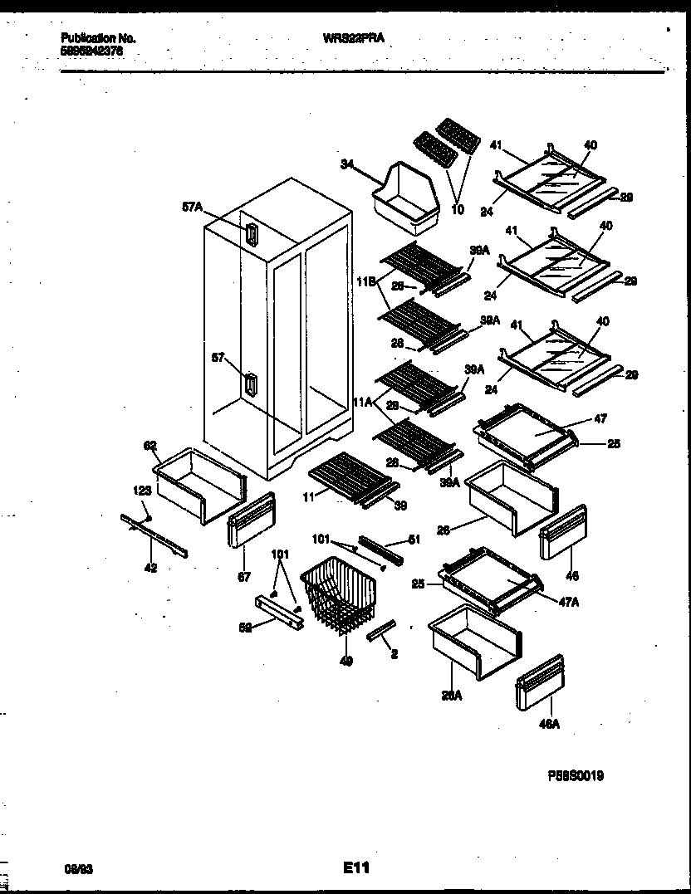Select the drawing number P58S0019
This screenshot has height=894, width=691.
tap(575, 776)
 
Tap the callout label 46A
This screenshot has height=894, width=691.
tap(549, 724)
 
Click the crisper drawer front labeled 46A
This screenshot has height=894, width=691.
tap(540, 681)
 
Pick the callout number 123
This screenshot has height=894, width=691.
tap(142, 491)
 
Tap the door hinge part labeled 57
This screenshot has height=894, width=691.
tap(251, 385)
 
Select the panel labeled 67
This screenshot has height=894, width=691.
tap(250, 520)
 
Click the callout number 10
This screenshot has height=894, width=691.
tap(457, 210)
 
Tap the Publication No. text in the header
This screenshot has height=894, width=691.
tap(99, 38)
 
